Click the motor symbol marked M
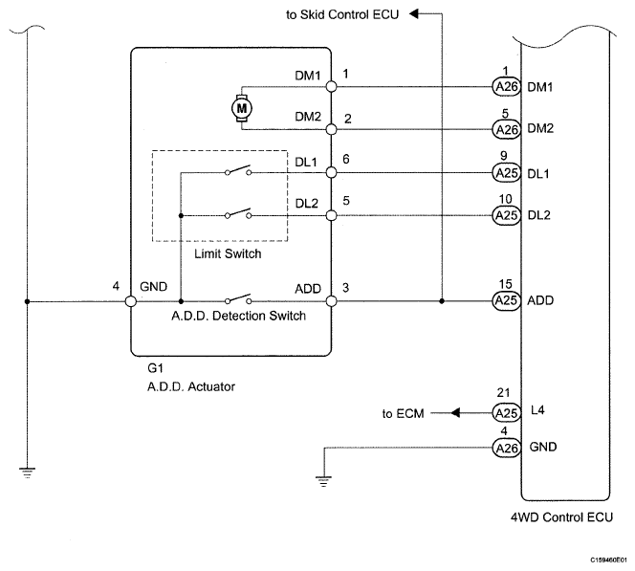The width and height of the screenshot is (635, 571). pyautogui.click(x=242, y=108)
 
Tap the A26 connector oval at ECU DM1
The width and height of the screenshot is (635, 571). pyautogui.click(x=506, y=87)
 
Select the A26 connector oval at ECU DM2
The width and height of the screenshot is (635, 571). pyautogui.click(x=506, y=129)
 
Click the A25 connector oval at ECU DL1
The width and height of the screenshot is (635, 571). pyautogui.click(x=506, y=173)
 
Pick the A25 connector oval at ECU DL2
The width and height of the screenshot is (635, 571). pyautogui.click(x=506, y=215)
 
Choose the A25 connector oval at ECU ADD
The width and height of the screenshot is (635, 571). pyautogui.click(x=506, y=300)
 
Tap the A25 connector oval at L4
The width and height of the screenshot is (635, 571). pyautogui.click(x=506, y=413)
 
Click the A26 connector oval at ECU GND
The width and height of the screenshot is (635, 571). pyautogui.click(x=506, y=448)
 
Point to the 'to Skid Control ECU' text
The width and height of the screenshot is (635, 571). pyautogui.click(x=342, y=14)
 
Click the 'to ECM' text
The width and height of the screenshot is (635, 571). pyautogui.click(x=403, y=413)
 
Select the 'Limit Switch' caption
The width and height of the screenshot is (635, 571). pyautogui.click(x=228, y=253)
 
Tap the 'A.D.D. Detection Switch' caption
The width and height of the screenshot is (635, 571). pyautogui.click(x=238, y=316)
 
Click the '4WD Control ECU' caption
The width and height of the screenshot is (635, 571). pyautogui.click(x=561, y=517)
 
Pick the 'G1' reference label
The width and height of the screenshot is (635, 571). pyautogui.click(x=155, y=368)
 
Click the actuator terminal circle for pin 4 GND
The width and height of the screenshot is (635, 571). pyautogui.click(x=131, y=301)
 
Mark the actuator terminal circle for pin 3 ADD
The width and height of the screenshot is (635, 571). pyautogui.click(x=331, y=301)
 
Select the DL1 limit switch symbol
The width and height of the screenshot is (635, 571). pyautogui.click(x=238, y=170)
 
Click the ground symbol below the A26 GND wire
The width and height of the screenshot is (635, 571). pyautogui.click(x=323, y=481)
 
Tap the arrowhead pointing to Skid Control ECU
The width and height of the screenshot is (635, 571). pyautogui.click(x=413, y=14)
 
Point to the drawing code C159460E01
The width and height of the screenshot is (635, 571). pyautogui.click(x=608, y=560)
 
